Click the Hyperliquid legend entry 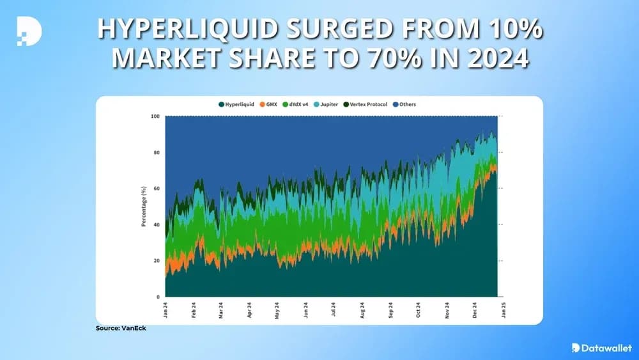point(237,104)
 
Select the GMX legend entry point(272,104)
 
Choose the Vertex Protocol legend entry point(368,104)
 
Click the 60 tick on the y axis point(157,189)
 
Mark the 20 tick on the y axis point(157,261)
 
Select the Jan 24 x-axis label point(166,309)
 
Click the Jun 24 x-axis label point(305,309)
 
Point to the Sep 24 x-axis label point(390,309)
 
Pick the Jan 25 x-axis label point(502,309)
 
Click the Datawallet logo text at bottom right point(604,348)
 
